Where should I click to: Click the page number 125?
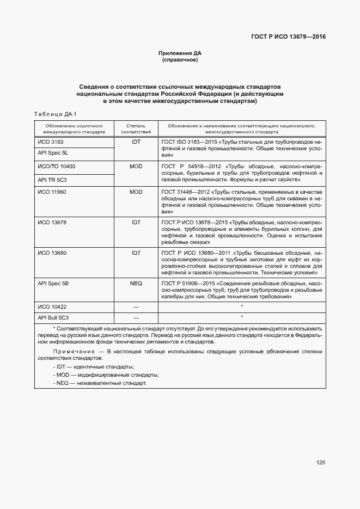(x=320, y=463)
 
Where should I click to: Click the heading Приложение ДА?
(x=180, y=53)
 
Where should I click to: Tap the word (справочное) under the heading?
(x=180, y=60)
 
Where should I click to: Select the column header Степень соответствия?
(x=136, y=128)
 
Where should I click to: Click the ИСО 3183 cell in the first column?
(x=51, y=141)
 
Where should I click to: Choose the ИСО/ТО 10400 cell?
(x=57, y=166)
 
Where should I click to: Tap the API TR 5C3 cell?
(x=52, y=179)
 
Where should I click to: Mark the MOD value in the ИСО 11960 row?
(x=136, y=192)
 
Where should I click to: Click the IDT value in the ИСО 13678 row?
(x=136, y=223)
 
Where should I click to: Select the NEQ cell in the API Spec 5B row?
(x=136, y=284)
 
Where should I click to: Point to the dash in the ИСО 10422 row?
(x=136, y=308)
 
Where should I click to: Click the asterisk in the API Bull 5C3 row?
(x=241, y=317)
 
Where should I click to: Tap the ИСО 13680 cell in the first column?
(x=52, y=253)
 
